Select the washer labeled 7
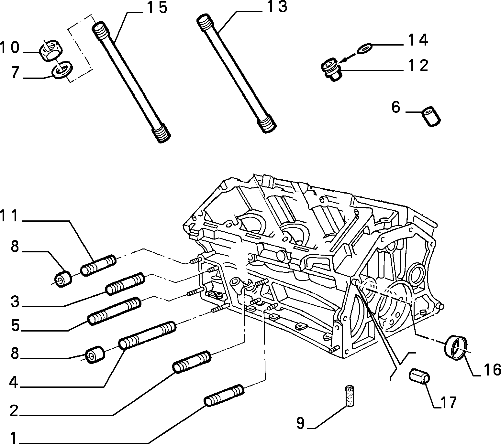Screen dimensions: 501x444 [62, 69]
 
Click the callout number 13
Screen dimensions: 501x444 [277, 7]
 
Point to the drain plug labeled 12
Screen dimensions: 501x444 [332, 69]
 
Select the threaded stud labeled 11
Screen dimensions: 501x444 [98, 265]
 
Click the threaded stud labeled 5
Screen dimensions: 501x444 [115, 311]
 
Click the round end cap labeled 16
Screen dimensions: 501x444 [456, 347]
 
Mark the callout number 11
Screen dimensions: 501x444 [9, 216]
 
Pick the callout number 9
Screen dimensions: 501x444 [300, 423]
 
